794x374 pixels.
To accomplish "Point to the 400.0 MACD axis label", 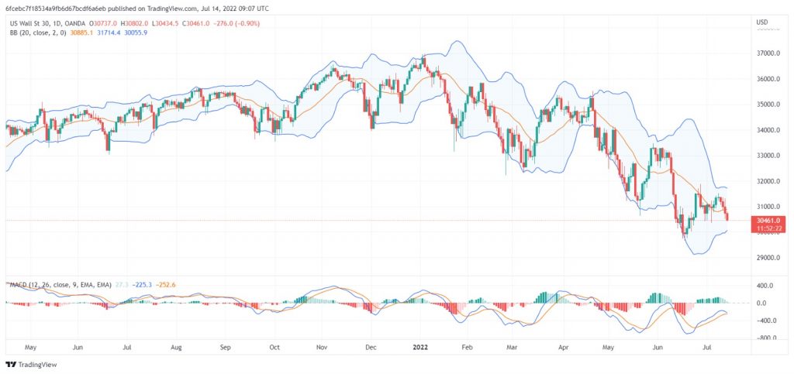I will click(765, 286).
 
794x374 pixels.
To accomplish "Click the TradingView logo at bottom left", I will click(32, 365).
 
